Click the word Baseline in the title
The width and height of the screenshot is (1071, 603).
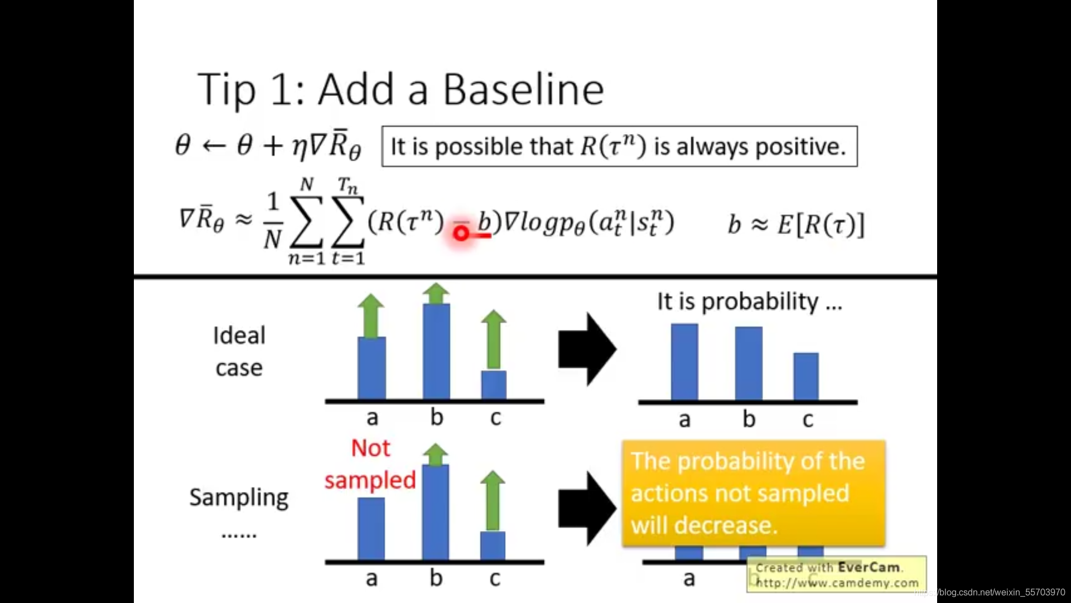coord(523,89)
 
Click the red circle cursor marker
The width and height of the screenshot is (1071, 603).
coord(461,233)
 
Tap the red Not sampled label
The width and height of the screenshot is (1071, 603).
coord(370,465)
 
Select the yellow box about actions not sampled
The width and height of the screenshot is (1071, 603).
coord(754,493)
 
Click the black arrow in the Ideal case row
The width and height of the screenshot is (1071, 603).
coord(587,350)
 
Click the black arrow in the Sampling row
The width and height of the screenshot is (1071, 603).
coord(587,509)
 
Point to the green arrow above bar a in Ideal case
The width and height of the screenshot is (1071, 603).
coord(371,316)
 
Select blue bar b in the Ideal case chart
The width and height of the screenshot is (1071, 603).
coord(436,352)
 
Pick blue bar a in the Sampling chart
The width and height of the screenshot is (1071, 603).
coord(371,529)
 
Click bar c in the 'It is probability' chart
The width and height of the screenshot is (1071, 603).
coord(806,376)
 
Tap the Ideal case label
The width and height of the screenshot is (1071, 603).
coord(239,352)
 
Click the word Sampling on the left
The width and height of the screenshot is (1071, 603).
coord(239,497)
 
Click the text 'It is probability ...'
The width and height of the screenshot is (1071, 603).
coord(750,302)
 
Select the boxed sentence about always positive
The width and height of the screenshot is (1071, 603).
coord(619,146)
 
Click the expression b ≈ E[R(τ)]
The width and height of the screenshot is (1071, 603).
coord(796,224)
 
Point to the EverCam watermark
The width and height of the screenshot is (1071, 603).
coord(837,575)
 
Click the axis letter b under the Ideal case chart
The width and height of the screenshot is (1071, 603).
coord(437,417)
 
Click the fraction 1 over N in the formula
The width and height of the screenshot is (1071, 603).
coord(272,220)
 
